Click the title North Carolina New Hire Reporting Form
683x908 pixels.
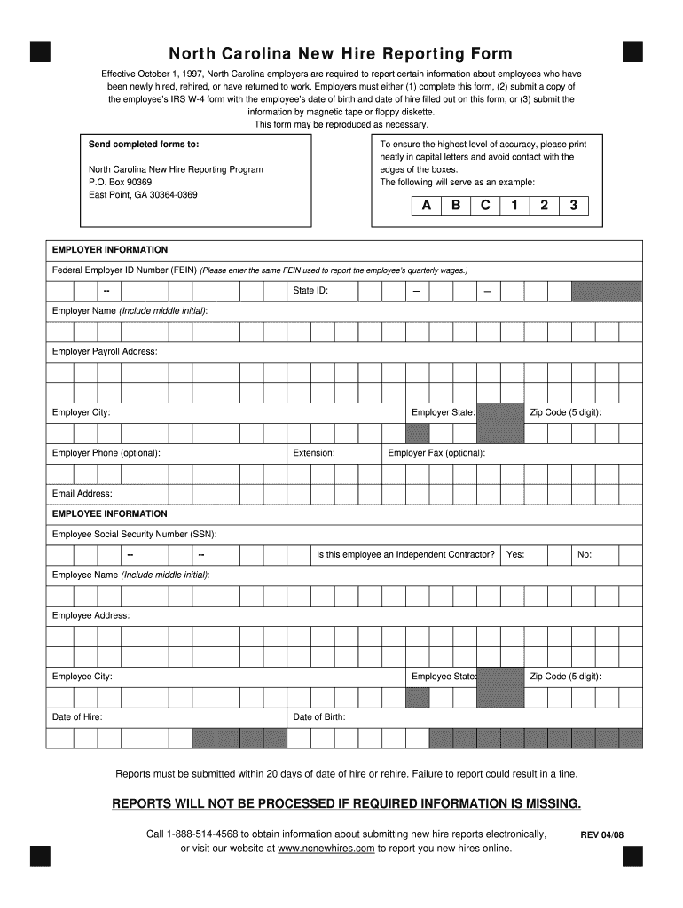pos(341,53)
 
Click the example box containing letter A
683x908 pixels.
pos(427,206)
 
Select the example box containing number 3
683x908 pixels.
pos(573,206)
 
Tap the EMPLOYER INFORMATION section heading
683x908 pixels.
pos(110,250)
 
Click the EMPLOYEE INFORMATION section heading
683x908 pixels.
pos(110,514)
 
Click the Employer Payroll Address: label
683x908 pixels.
pos(105,352)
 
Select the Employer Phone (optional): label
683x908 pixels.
pos(106,453)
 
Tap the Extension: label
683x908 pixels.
pos(314,453)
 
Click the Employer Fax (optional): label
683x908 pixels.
pos(436,453)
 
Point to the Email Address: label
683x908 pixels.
pos(82,494)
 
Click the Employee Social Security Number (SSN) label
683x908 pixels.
pos(135,535)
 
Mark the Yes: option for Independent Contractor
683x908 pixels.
pos(515,555)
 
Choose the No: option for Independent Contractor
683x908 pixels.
pos(585,555)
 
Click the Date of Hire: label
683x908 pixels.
pos(77,717)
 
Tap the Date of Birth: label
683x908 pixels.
pos(319,717)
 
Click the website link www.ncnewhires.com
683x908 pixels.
pos(326,849)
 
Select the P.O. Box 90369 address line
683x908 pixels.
pos(121,182)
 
